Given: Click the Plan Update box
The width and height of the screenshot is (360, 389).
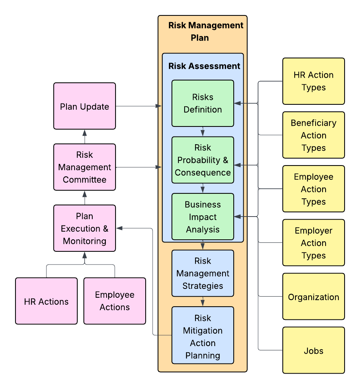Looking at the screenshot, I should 85,106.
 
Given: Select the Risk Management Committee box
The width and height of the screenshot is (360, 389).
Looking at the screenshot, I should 85,167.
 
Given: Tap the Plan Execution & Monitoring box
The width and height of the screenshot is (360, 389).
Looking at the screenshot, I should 85,228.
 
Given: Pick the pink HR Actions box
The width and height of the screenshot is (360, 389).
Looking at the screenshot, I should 46,301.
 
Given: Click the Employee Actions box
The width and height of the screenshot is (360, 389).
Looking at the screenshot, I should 115,301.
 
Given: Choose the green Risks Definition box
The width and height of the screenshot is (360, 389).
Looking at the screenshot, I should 203,103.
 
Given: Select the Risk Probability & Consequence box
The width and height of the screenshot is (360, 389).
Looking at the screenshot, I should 203,160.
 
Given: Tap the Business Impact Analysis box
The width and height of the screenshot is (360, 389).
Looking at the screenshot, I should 203,217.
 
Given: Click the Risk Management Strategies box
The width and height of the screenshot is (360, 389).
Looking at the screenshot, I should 203,273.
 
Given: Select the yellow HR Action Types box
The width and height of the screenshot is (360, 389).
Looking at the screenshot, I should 314,81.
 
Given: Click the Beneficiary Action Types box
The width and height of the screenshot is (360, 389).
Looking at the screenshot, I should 314,135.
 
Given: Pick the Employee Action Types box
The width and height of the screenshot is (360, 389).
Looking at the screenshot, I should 314,189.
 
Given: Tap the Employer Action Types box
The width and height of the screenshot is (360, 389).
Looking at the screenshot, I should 314,242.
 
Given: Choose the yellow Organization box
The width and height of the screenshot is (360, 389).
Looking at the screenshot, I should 314,297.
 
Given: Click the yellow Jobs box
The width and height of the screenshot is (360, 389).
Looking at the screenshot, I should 314,350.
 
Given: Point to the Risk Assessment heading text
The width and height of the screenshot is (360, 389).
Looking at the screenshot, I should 204,66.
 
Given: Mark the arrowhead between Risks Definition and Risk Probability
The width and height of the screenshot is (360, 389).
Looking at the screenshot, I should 203,133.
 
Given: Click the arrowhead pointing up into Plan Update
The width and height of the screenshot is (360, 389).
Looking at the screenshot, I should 85,133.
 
